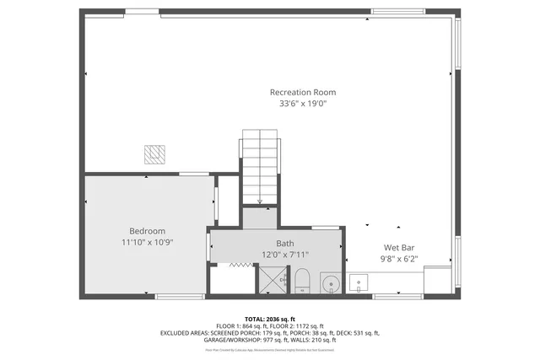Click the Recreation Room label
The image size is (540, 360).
pyautogui.click(x=302, y=92)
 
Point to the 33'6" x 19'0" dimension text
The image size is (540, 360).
pyautogui.click(x=302, y=104)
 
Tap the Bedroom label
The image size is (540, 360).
pyautogui.click(x=147, y=231)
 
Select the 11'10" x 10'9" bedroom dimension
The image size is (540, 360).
pyautogui.click(x=147, y=243)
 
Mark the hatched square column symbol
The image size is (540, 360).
pyautogui.click(x=154, y=154)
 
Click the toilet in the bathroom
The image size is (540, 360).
pyautogui.click(x=301, y=282)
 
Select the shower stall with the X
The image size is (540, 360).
pyautogui.click(x=272, y=280)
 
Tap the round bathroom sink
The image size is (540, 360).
pyautogui.click(x=330, y=282)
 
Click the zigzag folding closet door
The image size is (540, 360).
pyautogui.click(x=241, y=265)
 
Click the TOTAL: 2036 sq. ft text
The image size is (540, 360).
pyautogui.click(x=270, y=318)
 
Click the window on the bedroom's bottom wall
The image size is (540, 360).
pyautogui.click(x=180, y=296)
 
